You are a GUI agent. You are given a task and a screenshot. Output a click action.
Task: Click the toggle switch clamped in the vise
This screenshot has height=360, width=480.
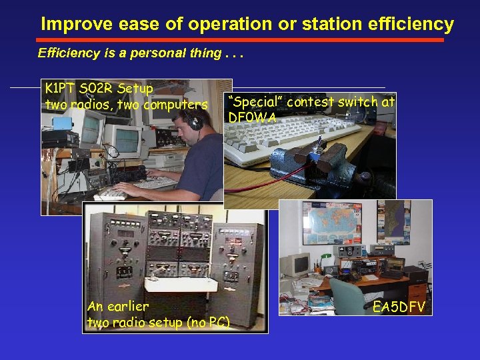[321, 143]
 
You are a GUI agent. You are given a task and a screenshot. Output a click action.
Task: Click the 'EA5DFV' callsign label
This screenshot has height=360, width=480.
[399, 307]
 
